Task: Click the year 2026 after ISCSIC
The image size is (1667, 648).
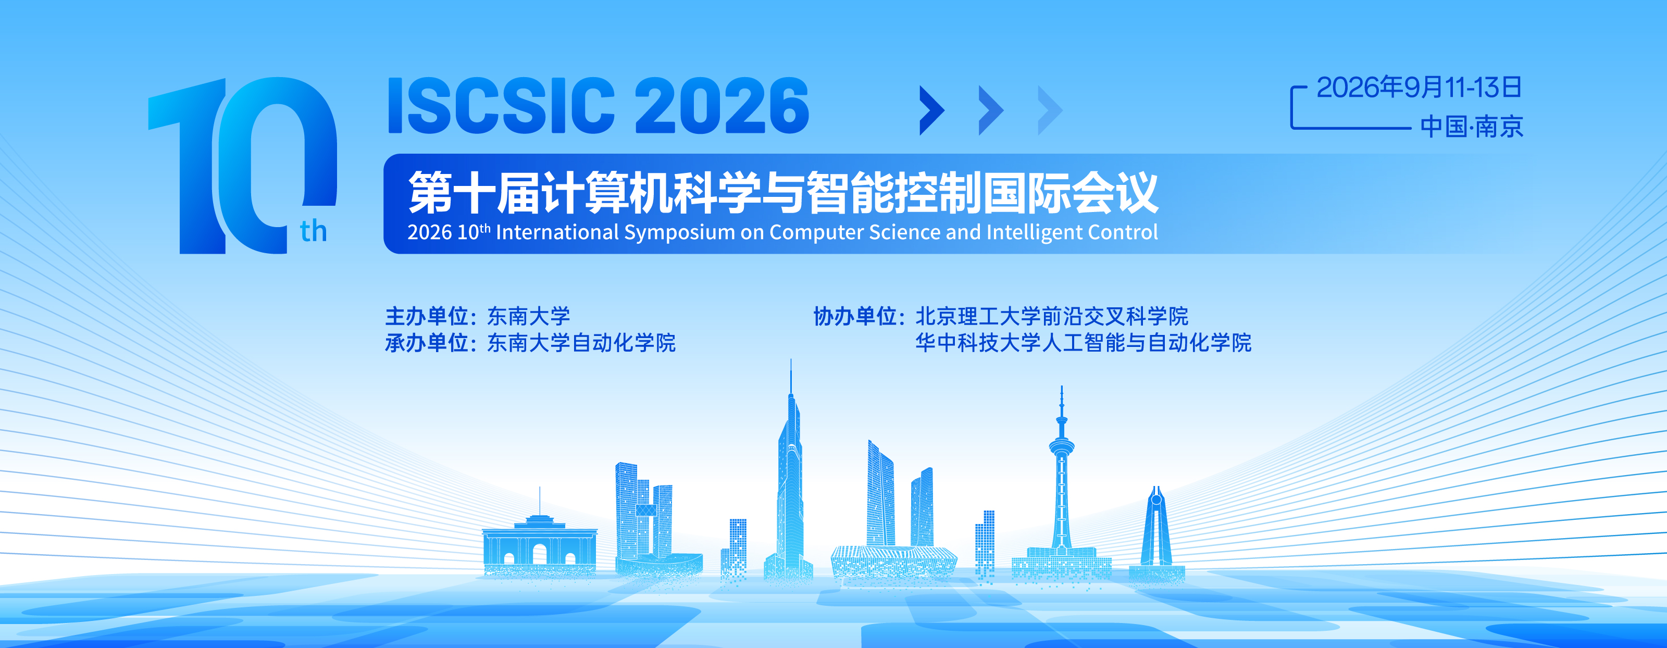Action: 721,106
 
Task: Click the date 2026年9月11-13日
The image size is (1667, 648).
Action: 1419,88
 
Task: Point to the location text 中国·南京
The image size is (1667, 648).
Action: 1472,126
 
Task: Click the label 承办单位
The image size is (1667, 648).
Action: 427,342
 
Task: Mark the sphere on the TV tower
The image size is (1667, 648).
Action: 1061,446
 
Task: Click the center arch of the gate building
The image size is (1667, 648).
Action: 539,554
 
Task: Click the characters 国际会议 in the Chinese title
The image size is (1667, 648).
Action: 1071,193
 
